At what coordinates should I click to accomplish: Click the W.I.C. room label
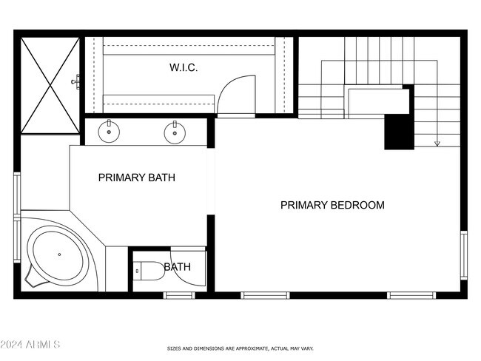pyautogui.click(x=183, y=67)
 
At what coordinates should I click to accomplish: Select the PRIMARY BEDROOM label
pyautogui.click(x=332, y=205)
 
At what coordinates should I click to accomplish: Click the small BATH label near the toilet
pyautogui.click(x=178, y=266)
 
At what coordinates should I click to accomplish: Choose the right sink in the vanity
pyautogui.click(x=174, y=133)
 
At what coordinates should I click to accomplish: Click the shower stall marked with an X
pyautogui.click(x=50, y=85)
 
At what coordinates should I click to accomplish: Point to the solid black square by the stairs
pyautogui.click(x=399, y=133)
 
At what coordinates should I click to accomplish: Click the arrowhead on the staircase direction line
pyautogui.click(x=437, y=143)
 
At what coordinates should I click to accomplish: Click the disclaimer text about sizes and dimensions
pyautogui.click(x=240, y=348)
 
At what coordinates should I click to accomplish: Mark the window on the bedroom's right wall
pyautogui.click(x=464, y=254)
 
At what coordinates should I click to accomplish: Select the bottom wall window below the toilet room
pyautogui.click(x=178, y=295)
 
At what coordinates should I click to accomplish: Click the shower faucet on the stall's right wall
pyautogui.click(x=76, y=81)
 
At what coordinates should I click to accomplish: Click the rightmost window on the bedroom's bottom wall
pyautogui.click(x=411, y=295)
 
